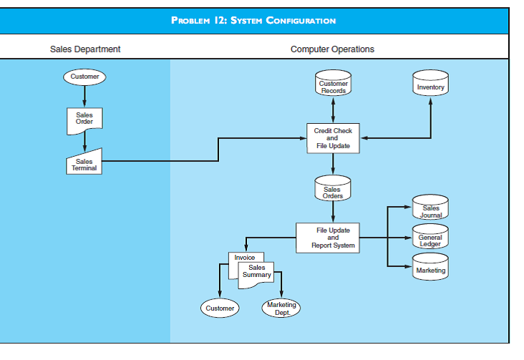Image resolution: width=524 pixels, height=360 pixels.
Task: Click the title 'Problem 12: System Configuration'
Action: (x=254, y=20)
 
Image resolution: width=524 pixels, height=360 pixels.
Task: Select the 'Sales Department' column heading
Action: (x=85, y=49)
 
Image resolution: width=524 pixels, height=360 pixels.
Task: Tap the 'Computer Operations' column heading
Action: (x=332, y=49)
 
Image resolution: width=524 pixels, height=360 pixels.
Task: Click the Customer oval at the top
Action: (x=84, y=77)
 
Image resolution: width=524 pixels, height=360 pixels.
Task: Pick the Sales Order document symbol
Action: (x=84, y=118)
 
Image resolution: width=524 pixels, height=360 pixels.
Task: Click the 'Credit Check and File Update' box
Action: (x=333, y=138)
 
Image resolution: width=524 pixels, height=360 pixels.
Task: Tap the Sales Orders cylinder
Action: (x=333, y=189)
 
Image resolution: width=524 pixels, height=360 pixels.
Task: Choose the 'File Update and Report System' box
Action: (x=333, y=238)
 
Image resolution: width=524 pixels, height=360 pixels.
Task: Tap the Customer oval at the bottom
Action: (x=220, y=308)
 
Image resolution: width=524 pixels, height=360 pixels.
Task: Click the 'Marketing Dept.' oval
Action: (x=281, y=308)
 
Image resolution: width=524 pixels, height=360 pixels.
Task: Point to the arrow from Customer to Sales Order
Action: (x=84, y=96)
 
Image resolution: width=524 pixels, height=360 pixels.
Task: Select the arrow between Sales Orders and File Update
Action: (x=333, y=212)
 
